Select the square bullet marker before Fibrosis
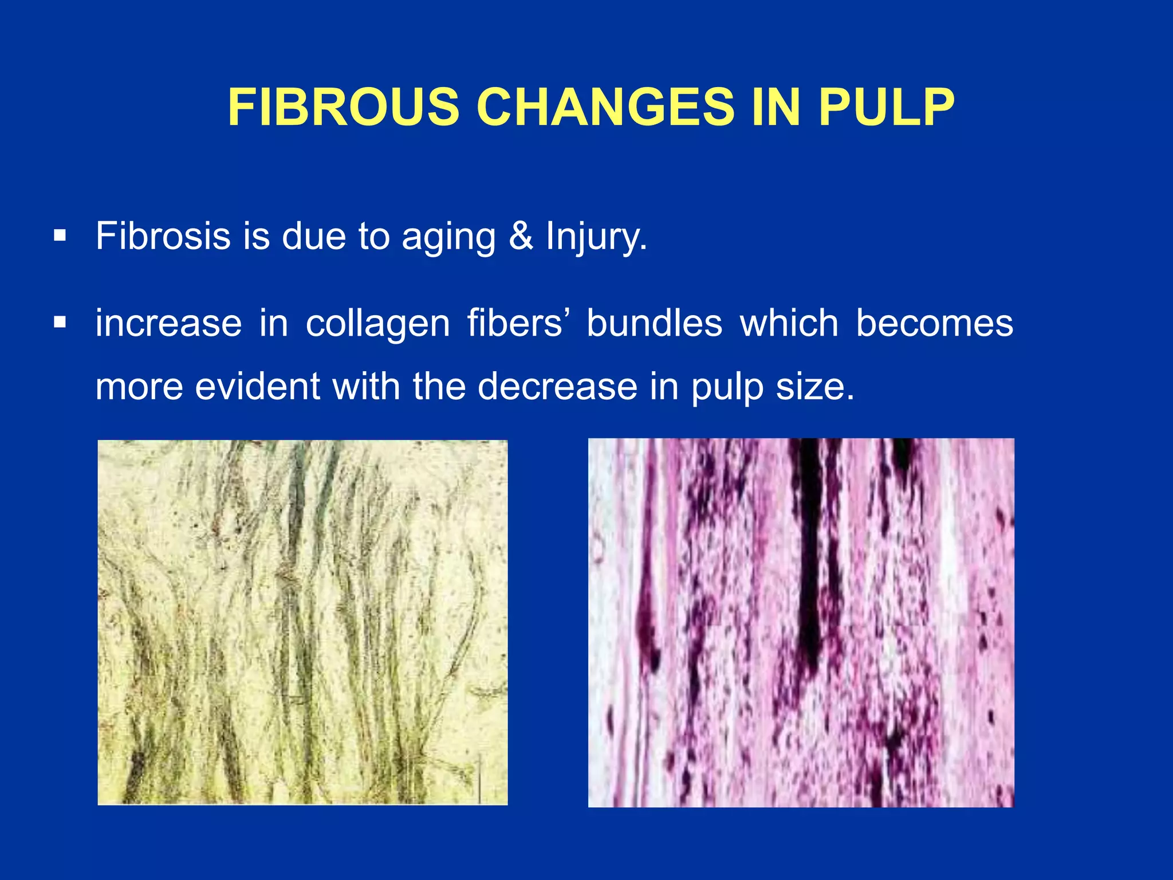coord(60,235)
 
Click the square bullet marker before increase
coord(60,323)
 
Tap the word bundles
coord(654,323)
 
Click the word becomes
coord(934,323)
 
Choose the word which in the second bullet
coord(789,323)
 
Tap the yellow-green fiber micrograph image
coord(302,622)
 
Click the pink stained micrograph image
coord(801,622)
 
